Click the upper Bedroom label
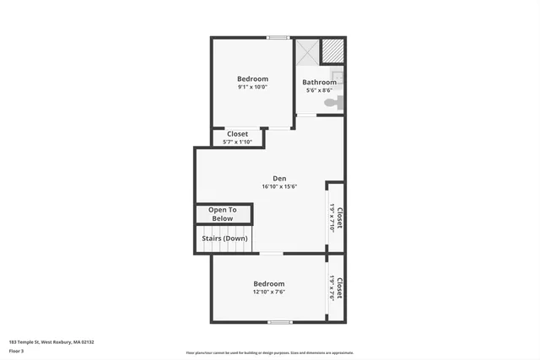[x=252, y=78]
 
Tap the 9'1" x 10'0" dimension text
[x=252, y=87]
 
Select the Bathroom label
[x=319, y=82]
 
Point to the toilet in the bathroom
[x=337, y=103]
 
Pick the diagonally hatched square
[x=334, y=51]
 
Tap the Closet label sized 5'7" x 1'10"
[x=237, y=134]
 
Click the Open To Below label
[x=223, y=214]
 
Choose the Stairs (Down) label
[x=224, y=238]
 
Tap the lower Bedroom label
[x=269, y=284]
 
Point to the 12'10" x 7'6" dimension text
[x=269, y=293]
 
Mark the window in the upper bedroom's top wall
[x=278, y=37]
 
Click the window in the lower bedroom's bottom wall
[x=279, y=322]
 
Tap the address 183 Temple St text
[x=51, y=341]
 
